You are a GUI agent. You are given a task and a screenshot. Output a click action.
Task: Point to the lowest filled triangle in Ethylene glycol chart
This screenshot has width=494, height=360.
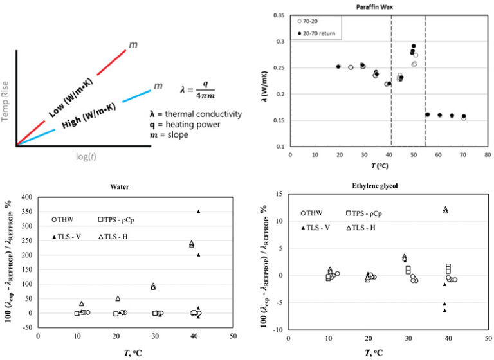(444, 310)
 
